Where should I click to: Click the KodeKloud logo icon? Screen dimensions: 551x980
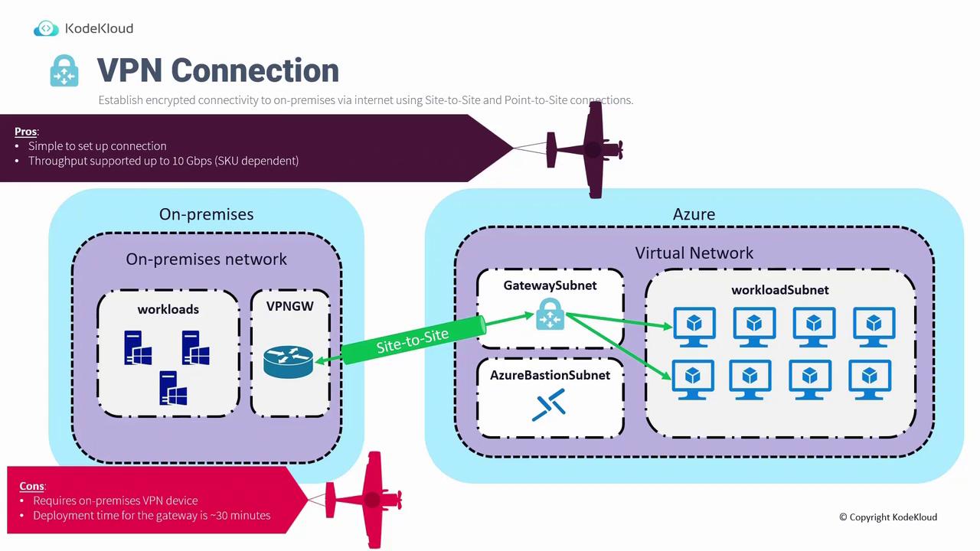46,29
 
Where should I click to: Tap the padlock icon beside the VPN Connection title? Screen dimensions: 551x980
64,70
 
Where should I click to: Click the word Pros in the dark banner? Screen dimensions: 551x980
25,131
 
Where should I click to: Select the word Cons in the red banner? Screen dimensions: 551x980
32,486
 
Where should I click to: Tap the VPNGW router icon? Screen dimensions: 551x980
288,361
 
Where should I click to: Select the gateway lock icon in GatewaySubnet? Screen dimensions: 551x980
550,315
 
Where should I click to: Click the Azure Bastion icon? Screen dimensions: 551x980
549,405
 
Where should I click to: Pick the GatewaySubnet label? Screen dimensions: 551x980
550,285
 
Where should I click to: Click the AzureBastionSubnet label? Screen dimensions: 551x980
550,375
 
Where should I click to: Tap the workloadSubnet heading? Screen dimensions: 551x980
779,290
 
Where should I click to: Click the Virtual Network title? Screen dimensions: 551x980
694,253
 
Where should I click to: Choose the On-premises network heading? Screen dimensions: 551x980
206,259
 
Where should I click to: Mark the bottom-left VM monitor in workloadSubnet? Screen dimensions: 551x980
693,379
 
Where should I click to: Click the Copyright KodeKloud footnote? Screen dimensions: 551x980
887,517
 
